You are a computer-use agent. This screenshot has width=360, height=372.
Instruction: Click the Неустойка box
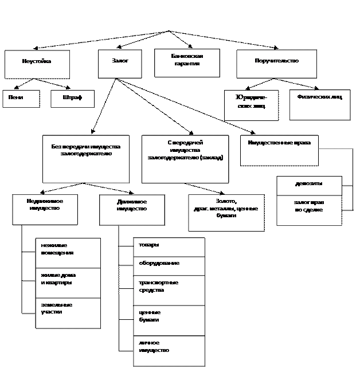37,64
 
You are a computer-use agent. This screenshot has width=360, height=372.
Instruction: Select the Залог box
119,64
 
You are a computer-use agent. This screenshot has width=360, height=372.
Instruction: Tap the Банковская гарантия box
186,62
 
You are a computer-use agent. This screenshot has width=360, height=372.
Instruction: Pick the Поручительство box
276,64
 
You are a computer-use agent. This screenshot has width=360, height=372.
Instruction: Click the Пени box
21,99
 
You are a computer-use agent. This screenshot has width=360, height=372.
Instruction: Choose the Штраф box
72,99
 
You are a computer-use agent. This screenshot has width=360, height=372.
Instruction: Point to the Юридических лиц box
251,105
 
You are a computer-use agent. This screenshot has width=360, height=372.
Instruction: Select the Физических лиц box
319,104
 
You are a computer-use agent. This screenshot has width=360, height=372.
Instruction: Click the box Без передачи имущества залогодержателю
85,159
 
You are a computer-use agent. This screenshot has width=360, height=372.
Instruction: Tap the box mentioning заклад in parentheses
185,159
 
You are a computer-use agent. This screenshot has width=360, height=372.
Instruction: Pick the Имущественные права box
279,150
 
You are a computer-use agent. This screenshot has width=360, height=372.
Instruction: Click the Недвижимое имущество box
45,209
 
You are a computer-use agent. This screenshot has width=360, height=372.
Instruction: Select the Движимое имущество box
131,210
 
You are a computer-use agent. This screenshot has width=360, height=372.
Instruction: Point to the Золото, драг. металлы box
226,213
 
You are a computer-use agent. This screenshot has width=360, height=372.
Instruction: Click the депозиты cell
309,186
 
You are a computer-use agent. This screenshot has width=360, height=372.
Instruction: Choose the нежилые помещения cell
68,253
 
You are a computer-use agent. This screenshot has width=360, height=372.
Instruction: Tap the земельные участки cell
68,313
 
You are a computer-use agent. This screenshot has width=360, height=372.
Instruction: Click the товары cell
169,247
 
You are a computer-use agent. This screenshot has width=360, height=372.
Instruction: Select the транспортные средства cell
169,290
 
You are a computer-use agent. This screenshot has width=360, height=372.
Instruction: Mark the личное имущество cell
169,350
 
